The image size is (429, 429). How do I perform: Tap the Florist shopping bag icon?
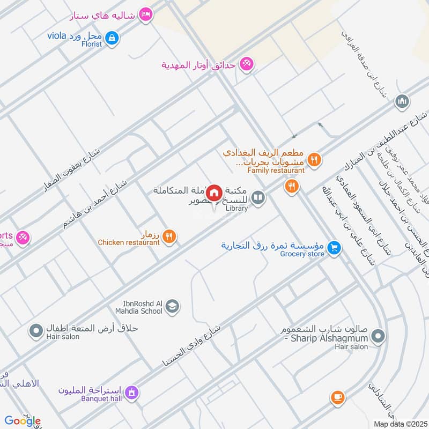click(112, 38)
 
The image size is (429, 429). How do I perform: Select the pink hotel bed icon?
click(145, 14)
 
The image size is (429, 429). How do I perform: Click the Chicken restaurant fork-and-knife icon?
click(169, 236)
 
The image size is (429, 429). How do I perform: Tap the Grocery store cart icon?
click(335, 248)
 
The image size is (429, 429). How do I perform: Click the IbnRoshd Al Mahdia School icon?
click(172, 306)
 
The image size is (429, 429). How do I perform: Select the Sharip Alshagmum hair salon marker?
click(379, 336)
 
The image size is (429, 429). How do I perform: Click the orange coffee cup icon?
click(337, 397)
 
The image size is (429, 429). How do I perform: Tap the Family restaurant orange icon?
click(315, 159)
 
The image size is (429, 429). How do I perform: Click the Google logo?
click(23, 421)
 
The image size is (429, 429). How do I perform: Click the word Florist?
click(92, 44)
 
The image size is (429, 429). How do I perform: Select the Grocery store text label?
click(302, 254)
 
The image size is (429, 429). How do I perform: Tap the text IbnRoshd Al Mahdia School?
click(138, 307)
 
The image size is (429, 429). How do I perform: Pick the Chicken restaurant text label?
click(129, 242)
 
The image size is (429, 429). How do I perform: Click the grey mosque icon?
click(402, 101)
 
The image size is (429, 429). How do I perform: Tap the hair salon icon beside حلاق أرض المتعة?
click(36, 331)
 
